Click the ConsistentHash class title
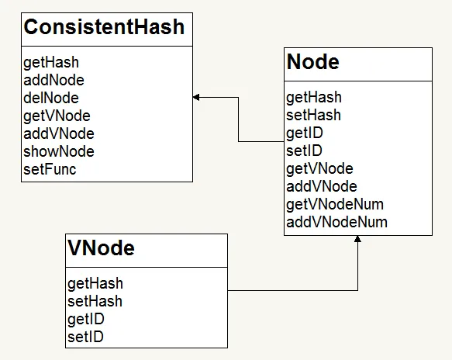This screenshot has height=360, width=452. coord(104,27)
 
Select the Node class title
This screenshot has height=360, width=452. coord(313,62)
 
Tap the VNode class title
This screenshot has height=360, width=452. coord(102,247)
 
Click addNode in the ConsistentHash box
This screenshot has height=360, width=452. coord(54,80)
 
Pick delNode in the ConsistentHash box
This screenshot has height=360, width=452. coord(51,98)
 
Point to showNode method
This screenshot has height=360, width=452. coord(59,151)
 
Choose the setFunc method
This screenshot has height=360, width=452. coord(50,169)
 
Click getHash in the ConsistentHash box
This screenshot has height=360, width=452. coord(51,63)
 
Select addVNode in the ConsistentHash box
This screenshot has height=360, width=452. coord(59,134)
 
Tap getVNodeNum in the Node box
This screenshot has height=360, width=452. coord(335,205)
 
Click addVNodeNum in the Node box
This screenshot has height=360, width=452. coord(337,222)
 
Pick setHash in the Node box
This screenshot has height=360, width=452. coord(314,115)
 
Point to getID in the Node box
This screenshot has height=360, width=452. coord(305,133)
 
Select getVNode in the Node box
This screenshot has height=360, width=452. coord(319,169)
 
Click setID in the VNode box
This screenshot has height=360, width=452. coord(85,337)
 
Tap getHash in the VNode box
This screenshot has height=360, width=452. coord(95,284)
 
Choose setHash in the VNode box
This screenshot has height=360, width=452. coord(95,302)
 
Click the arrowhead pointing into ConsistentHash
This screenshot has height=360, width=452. coord(196,98)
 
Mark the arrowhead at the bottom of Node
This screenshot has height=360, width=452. coord(357,239)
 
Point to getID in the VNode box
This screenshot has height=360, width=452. coord(86,320)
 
